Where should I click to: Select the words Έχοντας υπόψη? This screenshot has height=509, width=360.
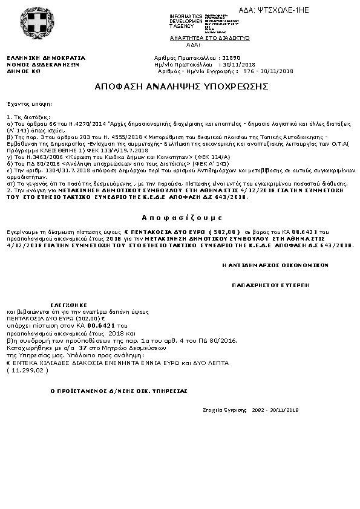[23, 103]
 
